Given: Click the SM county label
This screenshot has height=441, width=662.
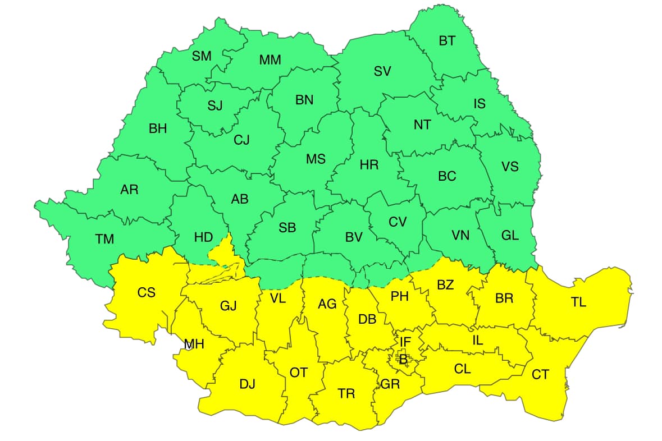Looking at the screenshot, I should tap(202, 56).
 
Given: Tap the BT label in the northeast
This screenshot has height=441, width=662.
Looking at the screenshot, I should tap(447, 40).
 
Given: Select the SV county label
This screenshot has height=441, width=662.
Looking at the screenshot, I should tap(382, 71).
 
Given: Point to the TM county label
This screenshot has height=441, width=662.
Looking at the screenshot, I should tap(104, 240).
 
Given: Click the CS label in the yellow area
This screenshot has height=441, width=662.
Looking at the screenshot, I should tap(147, 292).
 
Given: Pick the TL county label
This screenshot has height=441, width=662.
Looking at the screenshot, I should tap(578, 302).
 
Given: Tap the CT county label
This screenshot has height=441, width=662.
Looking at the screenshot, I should tap(540, 375).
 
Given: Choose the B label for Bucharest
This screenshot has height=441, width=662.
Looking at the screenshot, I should tap(403, 359).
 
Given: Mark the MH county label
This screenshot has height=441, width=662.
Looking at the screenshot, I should tap(193, 344).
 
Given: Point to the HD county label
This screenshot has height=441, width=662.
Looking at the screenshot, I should tap(203, 237).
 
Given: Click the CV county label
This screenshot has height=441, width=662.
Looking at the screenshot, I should tap(398, 222).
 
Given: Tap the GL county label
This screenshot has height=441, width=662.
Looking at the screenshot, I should tap(509, 236).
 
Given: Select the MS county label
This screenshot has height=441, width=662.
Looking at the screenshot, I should tap(316, 159).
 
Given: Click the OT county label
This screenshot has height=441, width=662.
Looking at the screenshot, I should tap(298, 372).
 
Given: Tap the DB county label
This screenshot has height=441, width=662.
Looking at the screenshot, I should tap(367, 319).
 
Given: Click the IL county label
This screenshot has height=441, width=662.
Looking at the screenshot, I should tap(477, 339).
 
